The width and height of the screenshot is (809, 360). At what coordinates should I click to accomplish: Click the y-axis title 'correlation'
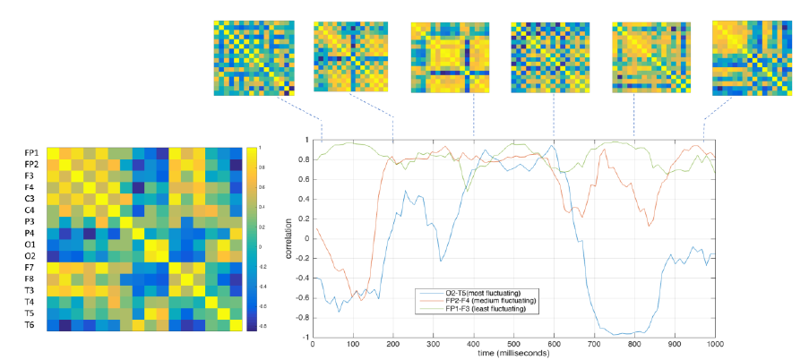[x=289, y=239]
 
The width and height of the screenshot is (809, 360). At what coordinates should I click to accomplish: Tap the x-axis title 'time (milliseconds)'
[x=513, y=354]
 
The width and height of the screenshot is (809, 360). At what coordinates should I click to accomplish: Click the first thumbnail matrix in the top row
[x=253, y=58]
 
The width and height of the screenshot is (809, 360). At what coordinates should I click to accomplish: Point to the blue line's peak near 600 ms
[x=553, y=146]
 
